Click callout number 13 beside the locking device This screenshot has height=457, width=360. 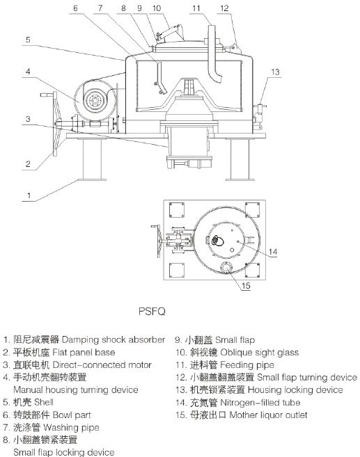(x=275, y=72)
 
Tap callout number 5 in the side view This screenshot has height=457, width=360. (x=28, y=40)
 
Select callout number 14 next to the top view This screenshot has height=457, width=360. (x=273, y=252)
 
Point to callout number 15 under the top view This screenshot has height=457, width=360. (x=246, y=286)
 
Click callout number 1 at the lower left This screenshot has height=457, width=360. (x=29, y=195)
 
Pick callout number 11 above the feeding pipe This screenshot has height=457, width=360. (x=196, y=8)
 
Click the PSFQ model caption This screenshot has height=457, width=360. (x=152, y=311)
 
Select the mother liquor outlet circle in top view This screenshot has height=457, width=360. (x=226, y=267)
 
